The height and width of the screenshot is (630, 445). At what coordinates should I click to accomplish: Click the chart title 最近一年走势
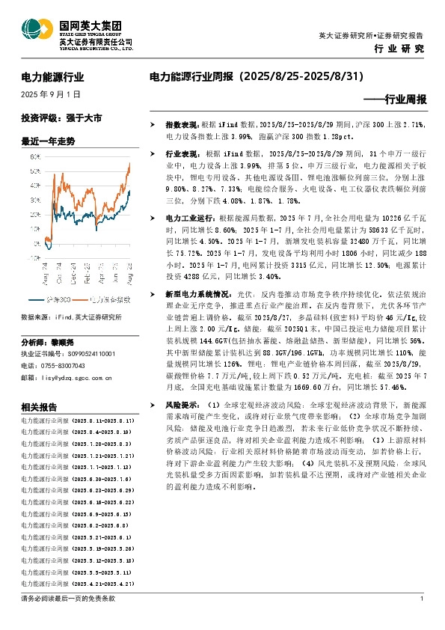49,141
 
